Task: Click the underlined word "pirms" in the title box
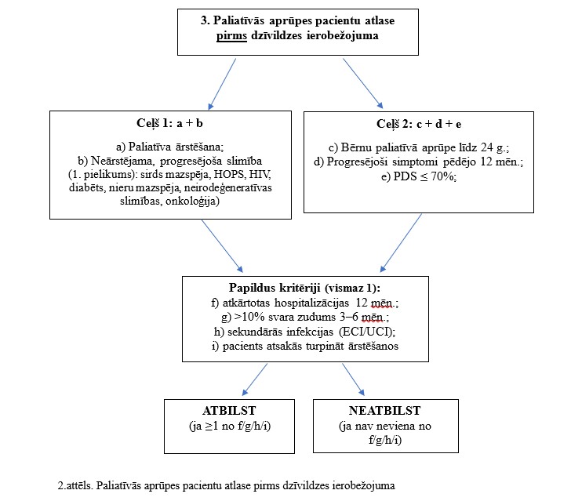tap(231, 36)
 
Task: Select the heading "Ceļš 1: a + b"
tap(169, 123)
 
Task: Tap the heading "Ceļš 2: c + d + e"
tap(419, 124)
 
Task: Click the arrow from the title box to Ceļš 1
tap(222, 84)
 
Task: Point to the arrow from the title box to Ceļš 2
tap(363, 83)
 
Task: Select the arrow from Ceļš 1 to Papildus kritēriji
tap(222, 245)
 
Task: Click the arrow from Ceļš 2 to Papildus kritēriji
tap(401, 243)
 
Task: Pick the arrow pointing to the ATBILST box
tap(255, 379)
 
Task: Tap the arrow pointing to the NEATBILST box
tap(353, 379)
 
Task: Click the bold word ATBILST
tap(229, 411)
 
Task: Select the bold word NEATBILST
tap(384, 411)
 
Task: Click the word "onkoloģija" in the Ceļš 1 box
tap(193, 201)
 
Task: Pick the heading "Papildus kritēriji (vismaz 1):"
tap(305, 288)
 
